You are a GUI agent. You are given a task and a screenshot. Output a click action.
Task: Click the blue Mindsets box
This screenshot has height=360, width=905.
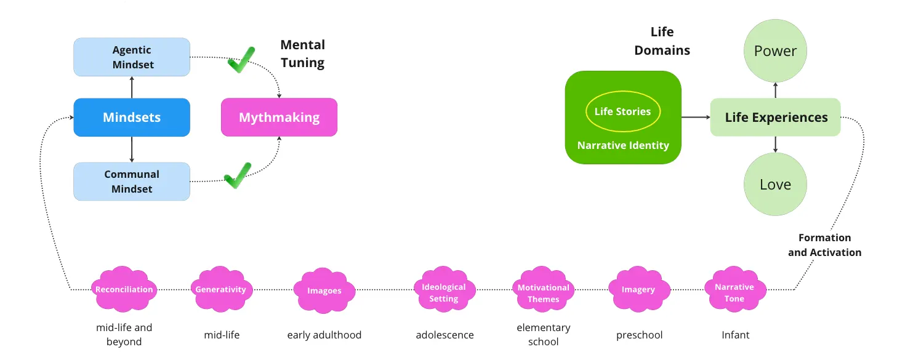coord(132,117)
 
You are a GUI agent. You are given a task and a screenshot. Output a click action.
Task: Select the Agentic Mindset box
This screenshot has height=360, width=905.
coord(132,57)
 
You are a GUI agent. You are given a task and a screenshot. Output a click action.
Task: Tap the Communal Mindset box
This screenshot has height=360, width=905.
coord(132,182)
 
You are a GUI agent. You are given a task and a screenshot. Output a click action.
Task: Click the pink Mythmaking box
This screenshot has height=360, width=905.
coord(279,117)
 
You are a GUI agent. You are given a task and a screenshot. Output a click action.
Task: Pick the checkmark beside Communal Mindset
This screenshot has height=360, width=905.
coord(238,176)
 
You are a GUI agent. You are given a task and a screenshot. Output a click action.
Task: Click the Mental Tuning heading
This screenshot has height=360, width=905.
coord(302,54)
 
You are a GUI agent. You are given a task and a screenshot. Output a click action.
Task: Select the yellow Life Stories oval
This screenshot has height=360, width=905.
coord(622,112)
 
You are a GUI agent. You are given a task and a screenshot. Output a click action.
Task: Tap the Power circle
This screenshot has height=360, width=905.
coord(775,51)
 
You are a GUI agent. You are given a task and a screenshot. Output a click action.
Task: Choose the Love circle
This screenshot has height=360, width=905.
coord(775,185)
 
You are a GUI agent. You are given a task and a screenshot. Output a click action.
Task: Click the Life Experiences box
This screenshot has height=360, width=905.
coord(776,117)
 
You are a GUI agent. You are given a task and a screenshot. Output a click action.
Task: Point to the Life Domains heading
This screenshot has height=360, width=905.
coord(662,41)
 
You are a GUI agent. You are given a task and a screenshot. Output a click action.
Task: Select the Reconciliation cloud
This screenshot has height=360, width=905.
coord(124,290)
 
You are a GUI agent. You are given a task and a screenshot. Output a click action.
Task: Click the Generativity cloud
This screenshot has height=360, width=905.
coord(220,290)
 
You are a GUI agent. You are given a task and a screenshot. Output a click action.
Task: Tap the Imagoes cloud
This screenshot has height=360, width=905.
coord(324,291)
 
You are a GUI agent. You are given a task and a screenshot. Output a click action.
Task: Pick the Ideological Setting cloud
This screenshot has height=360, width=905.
coord(444,292)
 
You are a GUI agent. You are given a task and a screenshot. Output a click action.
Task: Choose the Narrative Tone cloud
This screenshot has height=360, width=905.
coord(734,292)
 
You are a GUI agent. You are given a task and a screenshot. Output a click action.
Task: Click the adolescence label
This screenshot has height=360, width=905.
coord(444,335)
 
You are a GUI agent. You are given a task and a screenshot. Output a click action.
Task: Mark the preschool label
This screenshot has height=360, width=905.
coord(639,335)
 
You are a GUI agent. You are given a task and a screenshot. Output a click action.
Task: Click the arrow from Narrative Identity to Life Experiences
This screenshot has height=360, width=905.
coord(696,117)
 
